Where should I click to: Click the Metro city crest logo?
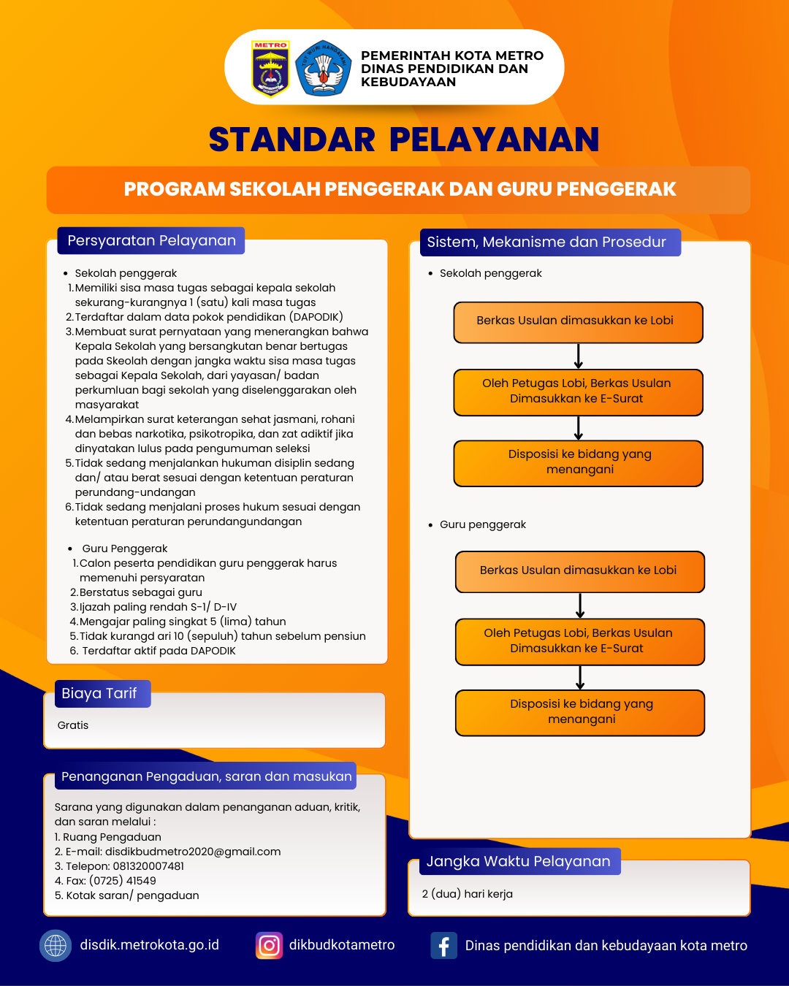(270, 69)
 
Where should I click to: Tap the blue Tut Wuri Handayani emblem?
(323, 69)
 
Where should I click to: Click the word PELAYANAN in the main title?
(494, 140)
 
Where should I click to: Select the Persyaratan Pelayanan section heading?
(151, 241)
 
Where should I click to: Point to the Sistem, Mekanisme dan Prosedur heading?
(546, 242)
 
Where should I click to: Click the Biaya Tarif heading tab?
(99, 693)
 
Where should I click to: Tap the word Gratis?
(73, 725)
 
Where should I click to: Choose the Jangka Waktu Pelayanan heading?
(518, 861)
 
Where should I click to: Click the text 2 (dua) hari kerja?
(468, 894)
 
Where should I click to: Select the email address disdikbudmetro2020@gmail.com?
(193, 852)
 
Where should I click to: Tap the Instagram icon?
(269, 946)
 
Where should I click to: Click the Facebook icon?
(443, 946)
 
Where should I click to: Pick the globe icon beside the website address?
(56, 946)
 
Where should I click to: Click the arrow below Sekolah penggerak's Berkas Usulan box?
(579, 356)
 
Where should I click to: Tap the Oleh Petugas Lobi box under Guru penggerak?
(580, 641)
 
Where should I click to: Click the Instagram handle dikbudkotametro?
(342, 945)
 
